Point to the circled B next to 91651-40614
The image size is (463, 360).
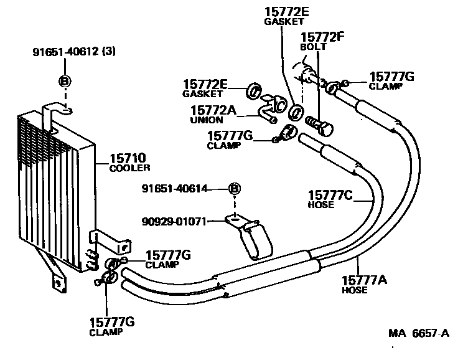[235, 189]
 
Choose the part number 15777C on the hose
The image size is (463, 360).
[330, 196]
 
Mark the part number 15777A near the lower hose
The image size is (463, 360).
[364, 280]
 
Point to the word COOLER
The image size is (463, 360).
[130, 168]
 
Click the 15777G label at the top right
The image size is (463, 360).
[391, 76]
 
